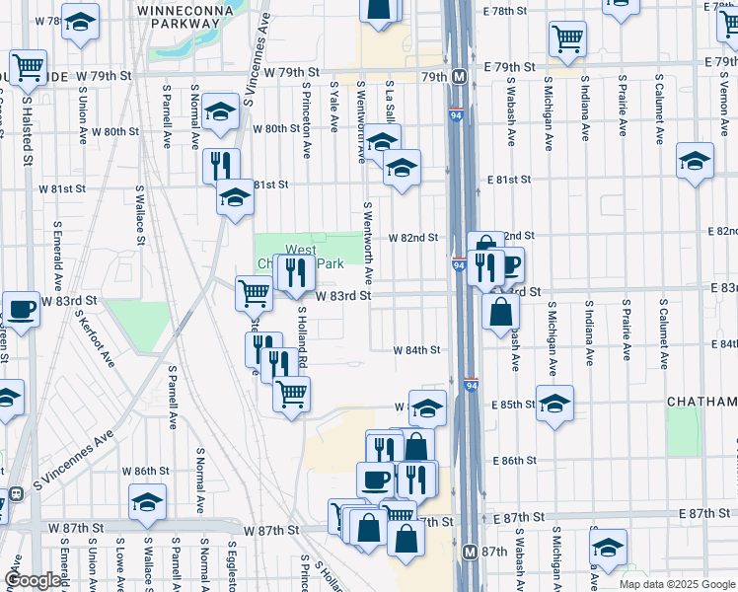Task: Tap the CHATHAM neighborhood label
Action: [x=701, y=403]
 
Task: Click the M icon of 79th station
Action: [x=460, y=76]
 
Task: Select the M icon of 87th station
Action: [x=471, y=552]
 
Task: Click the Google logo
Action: [x=34, y=580]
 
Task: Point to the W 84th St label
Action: [x=416, y=350]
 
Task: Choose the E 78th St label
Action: [x=506, y=10]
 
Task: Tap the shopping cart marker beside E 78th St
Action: [x=568, y=38]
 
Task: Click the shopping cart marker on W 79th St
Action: [x=29, y=67]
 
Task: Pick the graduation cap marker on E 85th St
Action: [x=554, y=403]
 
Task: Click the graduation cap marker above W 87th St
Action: [x=148, y=503]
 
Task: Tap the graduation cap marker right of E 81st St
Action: [x=696, y=161]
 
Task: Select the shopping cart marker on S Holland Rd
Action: [x=291, y=394]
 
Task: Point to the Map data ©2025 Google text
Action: [x=676, y=584]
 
